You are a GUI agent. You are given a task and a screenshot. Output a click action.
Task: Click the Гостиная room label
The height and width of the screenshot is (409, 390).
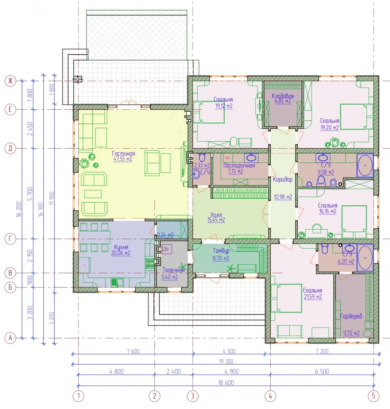[123, 153]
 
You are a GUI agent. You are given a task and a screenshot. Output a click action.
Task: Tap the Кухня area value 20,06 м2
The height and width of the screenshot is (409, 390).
[121, 253]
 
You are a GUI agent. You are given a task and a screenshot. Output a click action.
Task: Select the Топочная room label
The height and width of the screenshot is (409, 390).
[174, 270]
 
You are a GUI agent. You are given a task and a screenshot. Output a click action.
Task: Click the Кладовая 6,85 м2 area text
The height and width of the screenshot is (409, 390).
[283, 101]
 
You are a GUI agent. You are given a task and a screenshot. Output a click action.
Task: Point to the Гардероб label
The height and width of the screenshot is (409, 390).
[351, 317]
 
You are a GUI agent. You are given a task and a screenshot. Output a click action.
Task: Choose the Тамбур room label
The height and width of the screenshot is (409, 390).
[221, 251]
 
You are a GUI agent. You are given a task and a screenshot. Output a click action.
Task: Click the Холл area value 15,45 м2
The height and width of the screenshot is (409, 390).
[216, 220]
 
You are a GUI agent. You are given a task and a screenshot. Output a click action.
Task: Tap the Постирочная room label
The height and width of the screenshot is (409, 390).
[239, 165]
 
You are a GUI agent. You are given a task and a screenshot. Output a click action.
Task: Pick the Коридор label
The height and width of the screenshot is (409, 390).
[283, 180]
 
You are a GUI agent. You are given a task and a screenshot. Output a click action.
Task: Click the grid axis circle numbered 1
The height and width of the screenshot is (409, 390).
[78, 396]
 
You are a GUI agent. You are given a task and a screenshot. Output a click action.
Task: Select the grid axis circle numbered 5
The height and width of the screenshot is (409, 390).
[374, 396]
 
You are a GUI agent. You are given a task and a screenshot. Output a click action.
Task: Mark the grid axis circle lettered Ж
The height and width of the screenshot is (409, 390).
[10, 81]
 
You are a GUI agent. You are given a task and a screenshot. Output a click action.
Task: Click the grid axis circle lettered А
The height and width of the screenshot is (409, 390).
[10, 338]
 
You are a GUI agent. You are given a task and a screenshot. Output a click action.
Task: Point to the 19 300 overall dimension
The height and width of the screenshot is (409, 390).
[226, 361]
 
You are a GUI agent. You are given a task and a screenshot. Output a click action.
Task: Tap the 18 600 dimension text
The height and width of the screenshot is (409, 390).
[226, 382]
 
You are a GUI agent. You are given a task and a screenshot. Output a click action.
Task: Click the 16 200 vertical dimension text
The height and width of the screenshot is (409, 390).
[19, 210]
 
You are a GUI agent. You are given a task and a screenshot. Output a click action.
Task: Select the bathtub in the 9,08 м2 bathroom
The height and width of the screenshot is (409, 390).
[365, 165]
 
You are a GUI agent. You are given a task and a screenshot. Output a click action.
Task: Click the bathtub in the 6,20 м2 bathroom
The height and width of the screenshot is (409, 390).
[365, 258]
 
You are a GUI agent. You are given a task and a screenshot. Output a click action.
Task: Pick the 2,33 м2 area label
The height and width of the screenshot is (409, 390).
[202, 165]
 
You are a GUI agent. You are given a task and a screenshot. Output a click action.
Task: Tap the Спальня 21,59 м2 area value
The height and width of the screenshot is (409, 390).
[313, 297]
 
